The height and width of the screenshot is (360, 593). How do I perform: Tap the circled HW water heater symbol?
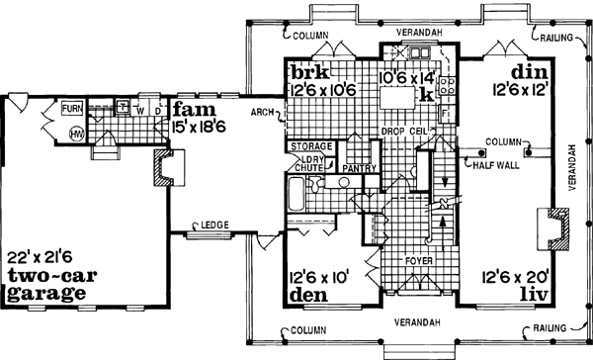(75, 134)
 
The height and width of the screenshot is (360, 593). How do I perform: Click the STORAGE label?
(310, 147)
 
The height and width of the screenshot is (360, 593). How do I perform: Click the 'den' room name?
(306, 295)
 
